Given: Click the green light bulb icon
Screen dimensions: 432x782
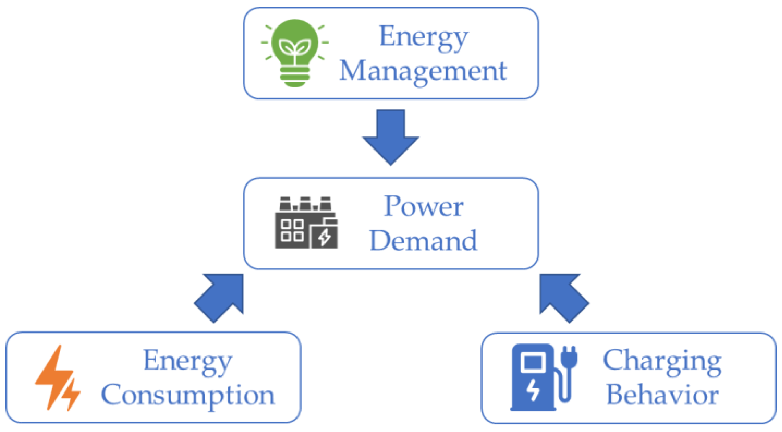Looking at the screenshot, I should point(295,53).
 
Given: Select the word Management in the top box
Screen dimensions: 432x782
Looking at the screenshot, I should point(423,71).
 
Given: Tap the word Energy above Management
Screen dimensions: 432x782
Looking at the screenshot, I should point(424,37).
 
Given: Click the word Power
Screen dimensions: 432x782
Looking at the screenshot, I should point(423,206).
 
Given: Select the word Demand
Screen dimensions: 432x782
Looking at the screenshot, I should point(423,241).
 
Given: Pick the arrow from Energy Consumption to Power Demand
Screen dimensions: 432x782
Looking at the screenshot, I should point(222,296).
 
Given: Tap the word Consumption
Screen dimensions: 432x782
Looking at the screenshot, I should point(188,395).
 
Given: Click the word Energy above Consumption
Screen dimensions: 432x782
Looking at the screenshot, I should point(188,361).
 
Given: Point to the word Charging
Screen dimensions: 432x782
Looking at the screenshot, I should point(662,361).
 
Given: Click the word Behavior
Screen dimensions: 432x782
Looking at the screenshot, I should point(662,395).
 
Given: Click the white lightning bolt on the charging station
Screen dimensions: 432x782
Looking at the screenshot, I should point(533,390).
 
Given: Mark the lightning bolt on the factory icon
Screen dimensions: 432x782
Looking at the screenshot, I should point(324,237).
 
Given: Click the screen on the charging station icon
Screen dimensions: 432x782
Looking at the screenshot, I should point(532,362).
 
